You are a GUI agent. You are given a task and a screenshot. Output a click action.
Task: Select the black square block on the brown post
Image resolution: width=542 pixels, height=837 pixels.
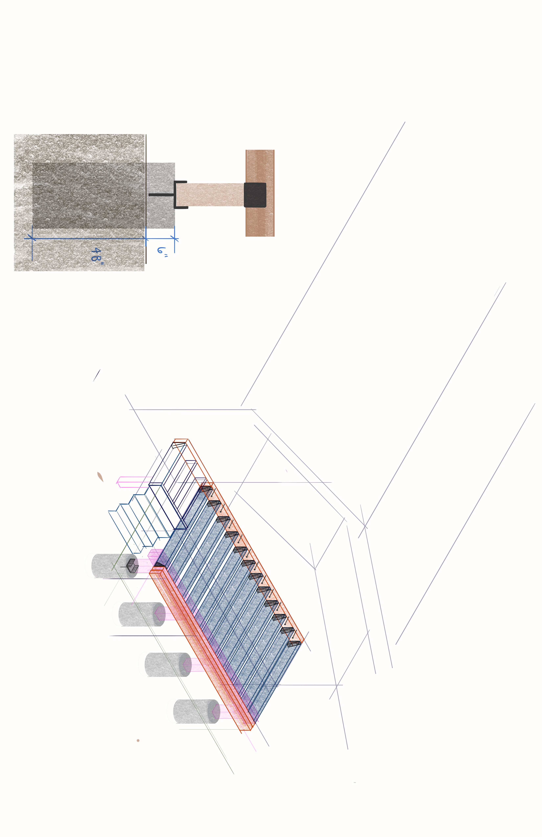(255, 195)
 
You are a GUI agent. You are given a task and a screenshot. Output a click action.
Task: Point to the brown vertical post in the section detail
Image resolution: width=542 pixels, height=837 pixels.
(260, 193)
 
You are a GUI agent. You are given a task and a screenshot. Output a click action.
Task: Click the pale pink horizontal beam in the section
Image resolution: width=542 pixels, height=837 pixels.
(210, 194)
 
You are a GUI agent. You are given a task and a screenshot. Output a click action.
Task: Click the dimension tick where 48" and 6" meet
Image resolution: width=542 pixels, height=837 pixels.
(146, 239)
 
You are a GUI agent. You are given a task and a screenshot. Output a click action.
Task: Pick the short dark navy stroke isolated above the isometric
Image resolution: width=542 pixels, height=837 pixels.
(97, 375)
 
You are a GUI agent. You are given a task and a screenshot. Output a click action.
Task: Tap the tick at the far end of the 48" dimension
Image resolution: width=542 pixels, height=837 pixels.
(32, 238)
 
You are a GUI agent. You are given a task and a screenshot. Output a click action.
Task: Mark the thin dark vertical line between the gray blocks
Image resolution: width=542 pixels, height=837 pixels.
(146, 199)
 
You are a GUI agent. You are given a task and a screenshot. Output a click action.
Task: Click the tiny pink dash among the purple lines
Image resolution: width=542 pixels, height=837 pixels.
(286, 471)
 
